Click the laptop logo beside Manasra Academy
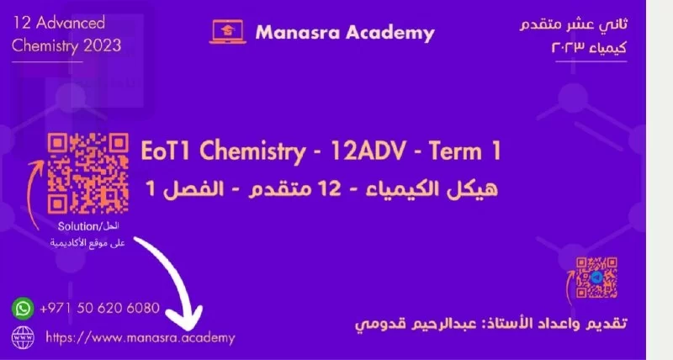tap(227, 32)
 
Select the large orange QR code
tap(88, 173)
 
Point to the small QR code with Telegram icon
tap(596, 278)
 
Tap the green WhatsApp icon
tap(23, 308)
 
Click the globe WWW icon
tap(23, 337)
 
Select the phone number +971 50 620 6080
tap(99, 308)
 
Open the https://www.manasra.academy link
tap(140, 337)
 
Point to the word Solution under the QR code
tap(78, 226)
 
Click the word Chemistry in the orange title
tap(252, 151)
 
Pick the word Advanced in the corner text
tap(71, 23)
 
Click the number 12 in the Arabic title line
tap(330, 188)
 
